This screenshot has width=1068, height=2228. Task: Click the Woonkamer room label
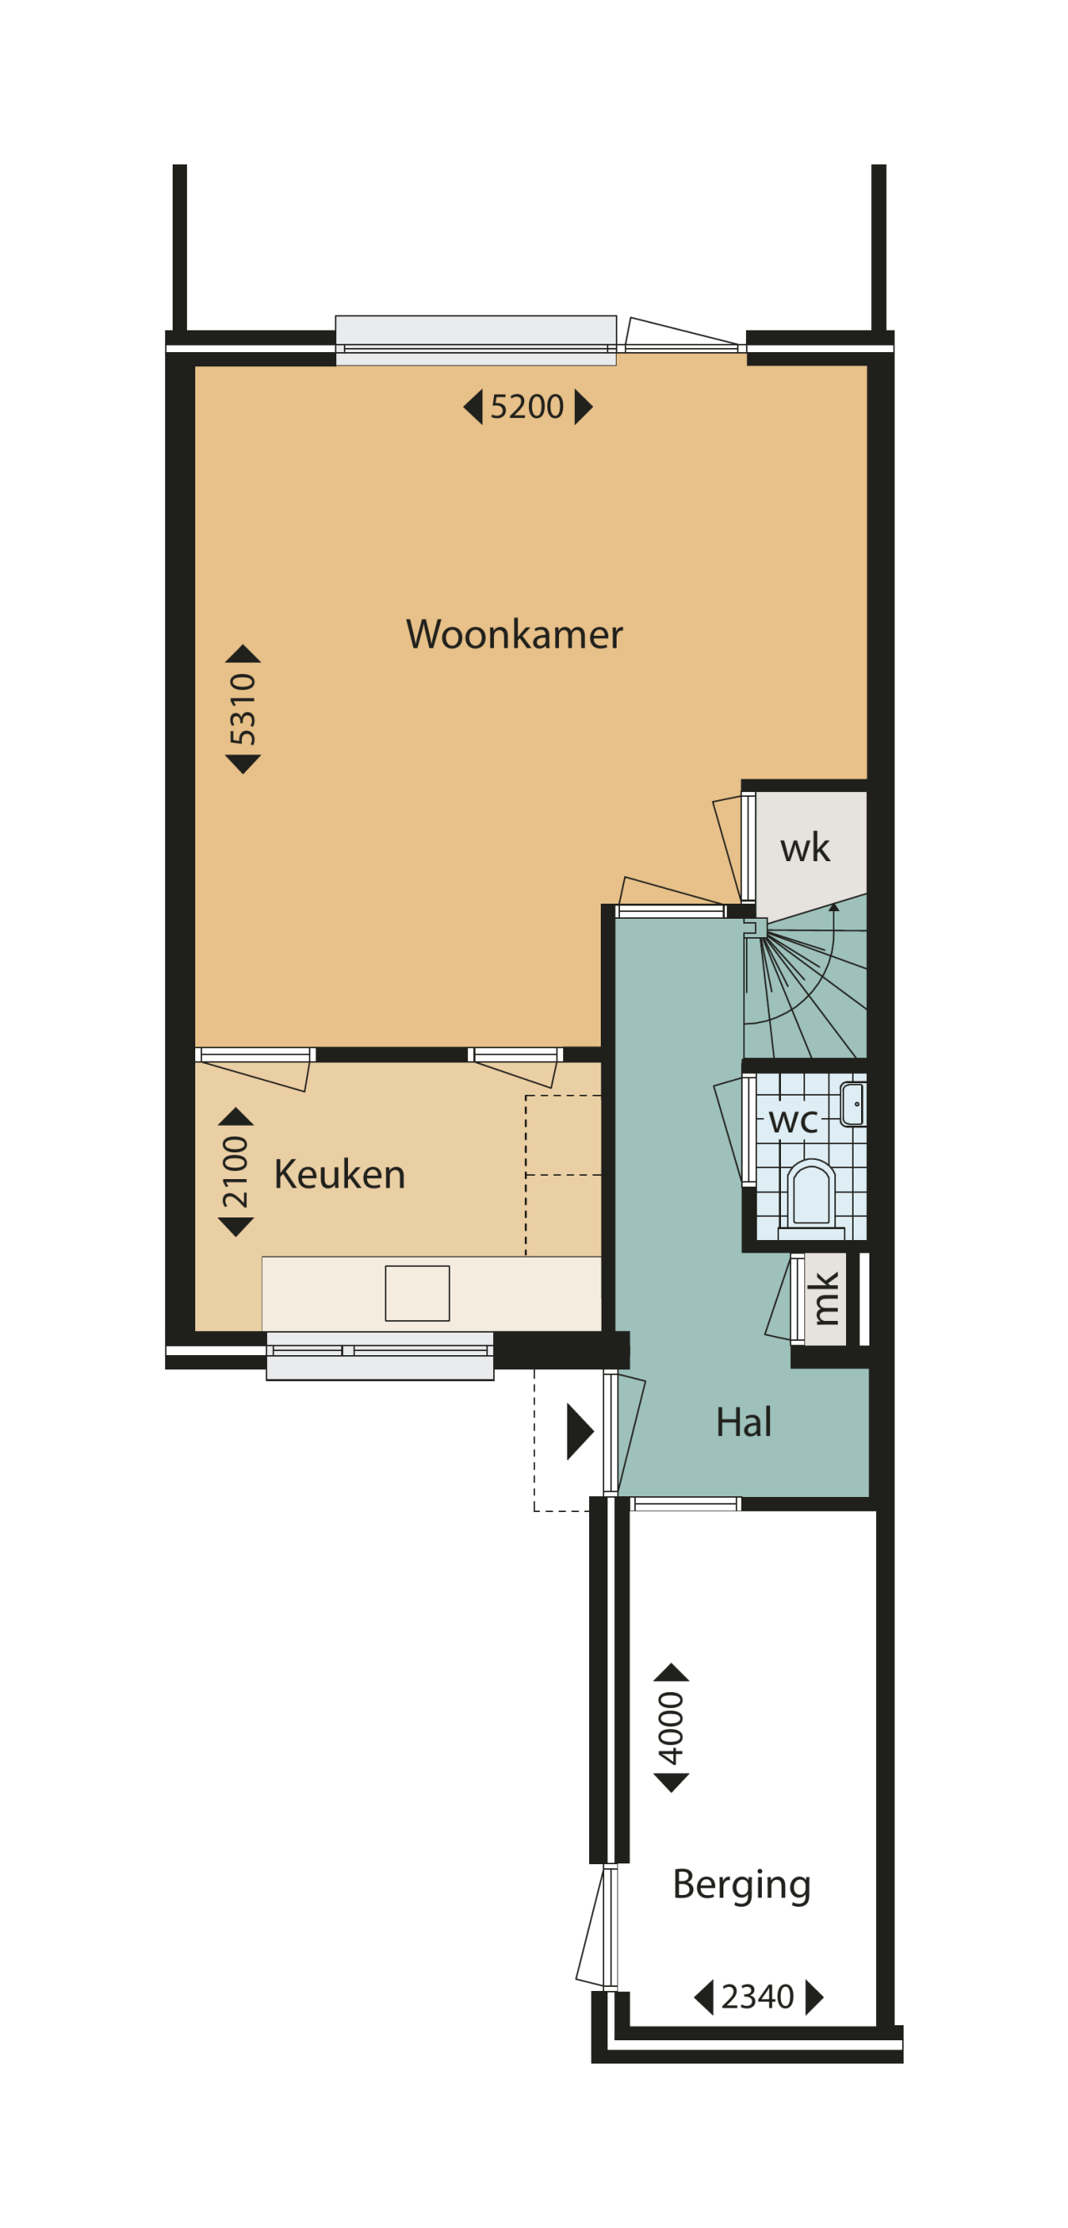point(514,635)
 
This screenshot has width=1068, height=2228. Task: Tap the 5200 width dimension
point(526,406)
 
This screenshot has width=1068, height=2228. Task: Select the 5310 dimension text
point(243,709)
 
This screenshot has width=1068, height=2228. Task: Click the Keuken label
point(339,1175)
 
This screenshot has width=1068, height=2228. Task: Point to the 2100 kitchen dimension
point(235,1172)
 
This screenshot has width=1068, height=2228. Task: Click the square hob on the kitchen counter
point(417,1293)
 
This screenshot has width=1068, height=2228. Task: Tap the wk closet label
point(804,848)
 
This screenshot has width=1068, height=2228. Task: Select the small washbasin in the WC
point(853,1105)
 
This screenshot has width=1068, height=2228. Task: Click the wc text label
point(792,1121)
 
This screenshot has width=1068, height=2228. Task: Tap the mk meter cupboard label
point(825,1299)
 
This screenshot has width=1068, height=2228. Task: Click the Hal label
point(743,1423)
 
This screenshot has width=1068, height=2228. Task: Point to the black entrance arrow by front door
point(578,1431)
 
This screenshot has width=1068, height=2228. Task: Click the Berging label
point(741,1883)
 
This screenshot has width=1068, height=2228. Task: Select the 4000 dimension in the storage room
point(671,1728)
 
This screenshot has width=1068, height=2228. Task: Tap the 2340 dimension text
point(757,1996)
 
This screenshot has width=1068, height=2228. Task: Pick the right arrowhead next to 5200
point(584,406)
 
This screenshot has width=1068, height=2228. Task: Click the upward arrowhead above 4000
point(671,1672)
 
